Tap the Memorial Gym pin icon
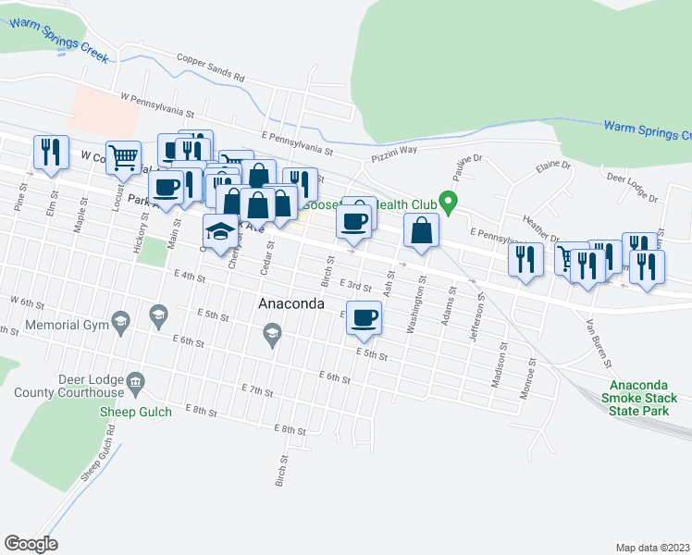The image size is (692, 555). click(119, 321)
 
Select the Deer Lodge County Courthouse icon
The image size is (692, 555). click(135, 382)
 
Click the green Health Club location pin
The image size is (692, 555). click(449, 200)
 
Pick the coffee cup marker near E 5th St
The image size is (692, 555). click(364, 318)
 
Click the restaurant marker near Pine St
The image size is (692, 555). click(50, 152)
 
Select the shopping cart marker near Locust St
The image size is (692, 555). click(123, 158)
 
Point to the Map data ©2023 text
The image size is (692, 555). click(651, 548)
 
